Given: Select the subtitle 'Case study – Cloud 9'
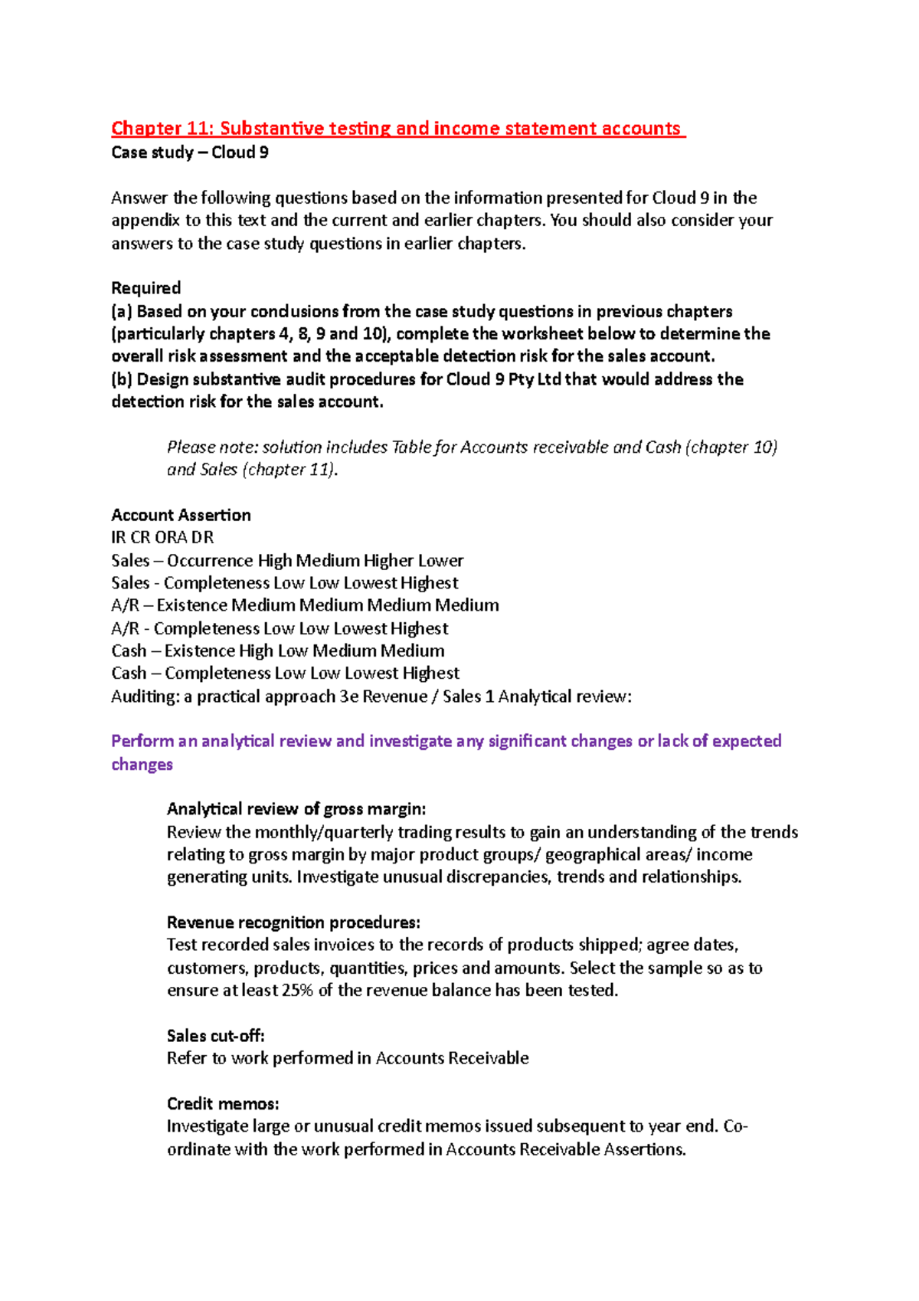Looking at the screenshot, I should click(189, 152).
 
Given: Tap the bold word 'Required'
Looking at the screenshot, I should click(146, 288).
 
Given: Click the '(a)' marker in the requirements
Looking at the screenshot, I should click(122, 311).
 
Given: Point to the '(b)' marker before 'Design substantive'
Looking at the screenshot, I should click(122, 379).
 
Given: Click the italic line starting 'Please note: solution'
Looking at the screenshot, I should click(472, 447).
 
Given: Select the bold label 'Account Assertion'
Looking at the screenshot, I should click(181, 515).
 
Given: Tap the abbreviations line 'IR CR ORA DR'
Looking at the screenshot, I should click(162, 538).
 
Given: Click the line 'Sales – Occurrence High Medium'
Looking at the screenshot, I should click(287, 561).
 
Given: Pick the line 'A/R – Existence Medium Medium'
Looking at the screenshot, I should click(305, 605).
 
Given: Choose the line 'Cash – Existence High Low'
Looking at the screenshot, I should click(277, 651).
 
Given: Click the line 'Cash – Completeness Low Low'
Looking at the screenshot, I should click(285, 673).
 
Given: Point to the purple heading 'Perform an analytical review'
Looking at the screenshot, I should click(446, 742).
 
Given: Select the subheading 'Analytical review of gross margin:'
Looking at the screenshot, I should click(296, 809).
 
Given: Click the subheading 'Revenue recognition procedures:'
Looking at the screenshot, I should click(293, 922).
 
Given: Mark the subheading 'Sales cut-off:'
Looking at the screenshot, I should click(215, 1036).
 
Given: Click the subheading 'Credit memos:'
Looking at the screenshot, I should click(223, 1104).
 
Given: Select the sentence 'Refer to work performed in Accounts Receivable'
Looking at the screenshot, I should click(348, 1059).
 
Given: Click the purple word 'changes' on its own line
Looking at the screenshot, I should click(142, 765).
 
